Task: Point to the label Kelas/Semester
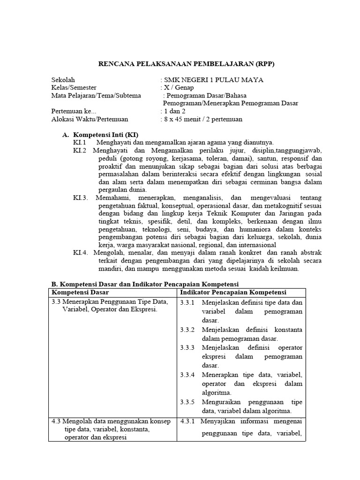coord(74,88)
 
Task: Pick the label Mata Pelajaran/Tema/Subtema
coord(96,96)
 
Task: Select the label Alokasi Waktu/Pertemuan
coord(90,119)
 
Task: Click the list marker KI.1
coord(80,142)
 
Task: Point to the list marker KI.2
coord(80,150)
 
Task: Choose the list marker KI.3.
coord(81,198)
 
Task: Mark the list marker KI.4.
coord(81,253)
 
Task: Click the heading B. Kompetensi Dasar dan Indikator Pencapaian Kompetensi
coord(144,284)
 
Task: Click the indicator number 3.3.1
coord(188,303)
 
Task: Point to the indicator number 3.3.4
coord(188,375)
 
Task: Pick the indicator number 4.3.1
coord(188,420)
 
